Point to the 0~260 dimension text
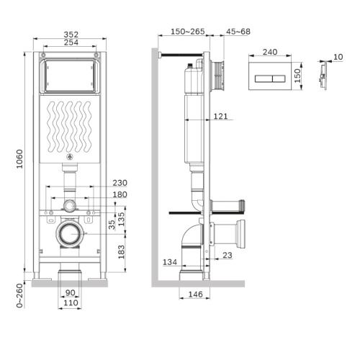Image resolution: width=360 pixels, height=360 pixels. click(20, 296)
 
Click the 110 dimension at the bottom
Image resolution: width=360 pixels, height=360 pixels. click(70, 302)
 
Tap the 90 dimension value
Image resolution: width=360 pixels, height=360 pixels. click(70, 292)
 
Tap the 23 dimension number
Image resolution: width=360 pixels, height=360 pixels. click(227, 254)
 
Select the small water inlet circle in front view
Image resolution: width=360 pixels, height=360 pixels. click(70, 206)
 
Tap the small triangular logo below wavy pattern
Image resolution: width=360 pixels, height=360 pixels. click(70, 156)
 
